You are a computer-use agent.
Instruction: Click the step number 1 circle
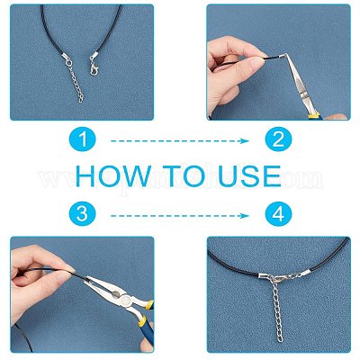(82, 139)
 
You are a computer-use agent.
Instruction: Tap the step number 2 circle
(278, 139)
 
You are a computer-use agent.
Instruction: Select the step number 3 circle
(82, 214)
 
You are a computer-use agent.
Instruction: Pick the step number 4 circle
(278, 214)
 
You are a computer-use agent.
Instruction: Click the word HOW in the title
(113, 176)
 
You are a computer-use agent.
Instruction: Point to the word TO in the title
(185, 176)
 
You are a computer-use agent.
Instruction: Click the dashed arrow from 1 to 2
(180, 140)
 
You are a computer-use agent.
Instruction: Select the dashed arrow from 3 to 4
(180, 215)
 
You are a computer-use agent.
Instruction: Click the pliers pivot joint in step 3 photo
(126, 299)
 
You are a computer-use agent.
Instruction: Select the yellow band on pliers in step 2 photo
(314, 115)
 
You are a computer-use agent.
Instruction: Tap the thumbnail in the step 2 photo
(256, 63)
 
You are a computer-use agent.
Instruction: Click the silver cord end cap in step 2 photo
(282, 57)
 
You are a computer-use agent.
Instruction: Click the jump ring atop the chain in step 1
(69, 64)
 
